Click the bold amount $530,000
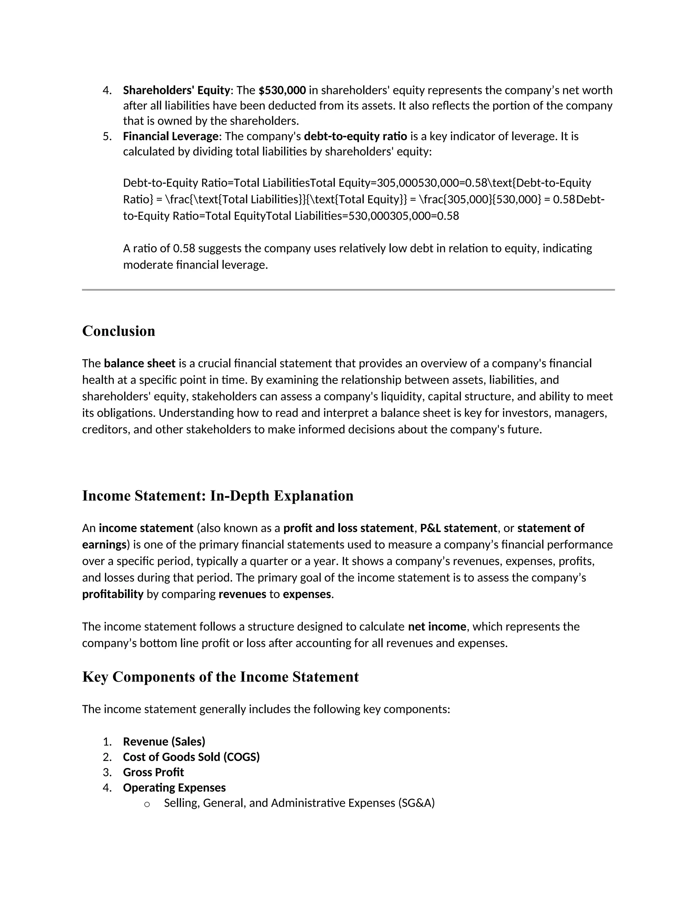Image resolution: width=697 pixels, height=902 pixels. (282, 90)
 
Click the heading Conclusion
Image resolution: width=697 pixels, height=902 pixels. (118, 331)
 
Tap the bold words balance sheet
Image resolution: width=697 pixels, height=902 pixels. (140, 364)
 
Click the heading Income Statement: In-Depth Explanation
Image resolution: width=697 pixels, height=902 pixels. (217, 496)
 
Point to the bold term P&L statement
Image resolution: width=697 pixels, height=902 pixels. (458, 528)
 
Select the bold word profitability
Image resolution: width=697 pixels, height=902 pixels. (113, 594)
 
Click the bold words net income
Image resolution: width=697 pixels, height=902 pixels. (437, 627)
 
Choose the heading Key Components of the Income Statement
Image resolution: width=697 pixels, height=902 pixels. (221, 677)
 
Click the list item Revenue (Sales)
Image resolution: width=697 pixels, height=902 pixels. (164, 742)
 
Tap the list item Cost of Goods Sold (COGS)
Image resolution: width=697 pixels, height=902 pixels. (191, 757)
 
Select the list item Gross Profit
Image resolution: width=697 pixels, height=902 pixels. (153, 772)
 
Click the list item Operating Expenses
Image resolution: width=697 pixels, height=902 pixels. (174, 788)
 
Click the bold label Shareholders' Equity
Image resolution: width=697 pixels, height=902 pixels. (176, 90)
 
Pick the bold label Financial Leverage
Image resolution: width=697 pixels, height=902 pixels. (171, 136)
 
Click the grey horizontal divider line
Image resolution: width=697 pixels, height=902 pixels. (348, 290)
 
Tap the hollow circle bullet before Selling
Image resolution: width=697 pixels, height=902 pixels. (147, 804)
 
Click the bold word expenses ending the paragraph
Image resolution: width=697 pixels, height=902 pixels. (307, 594)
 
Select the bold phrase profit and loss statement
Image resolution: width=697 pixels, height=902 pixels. (348, 528)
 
